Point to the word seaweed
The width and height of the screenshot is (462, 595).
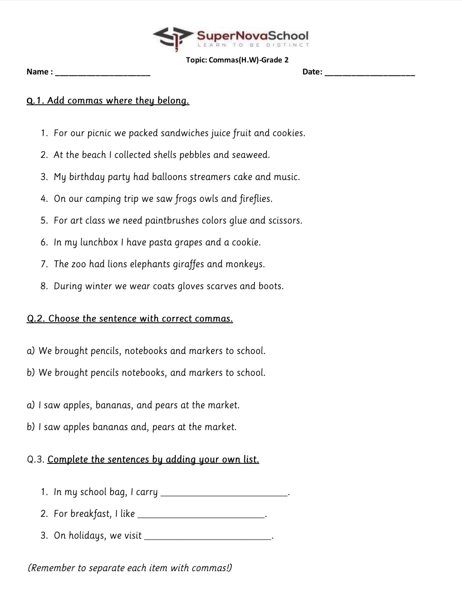[250, 155]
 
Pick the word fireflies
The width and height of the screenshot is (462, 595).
[255, 199]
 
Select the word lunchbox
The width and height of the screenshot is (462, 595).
[99, 242]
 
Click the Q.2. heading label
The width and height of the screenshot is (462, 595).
[36, 319]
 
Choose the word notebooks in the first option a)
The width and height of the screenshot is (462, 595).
[146, 351]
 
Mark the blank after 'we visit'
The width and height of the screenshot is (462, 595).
[208, 537]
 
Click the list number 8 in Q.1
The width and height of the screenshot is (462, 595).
[44, 286]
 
